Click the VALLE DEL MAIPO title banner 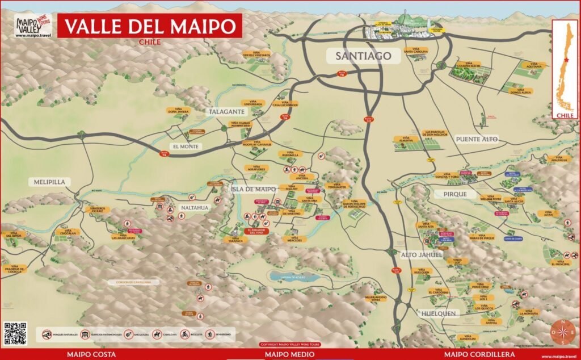150,26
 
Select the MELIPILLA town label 49,182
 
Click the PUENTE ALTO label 476,139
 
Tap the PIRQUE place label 452,194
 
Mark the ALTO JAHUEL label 421,255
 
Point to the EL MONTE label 187,146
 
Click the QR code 15,333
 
